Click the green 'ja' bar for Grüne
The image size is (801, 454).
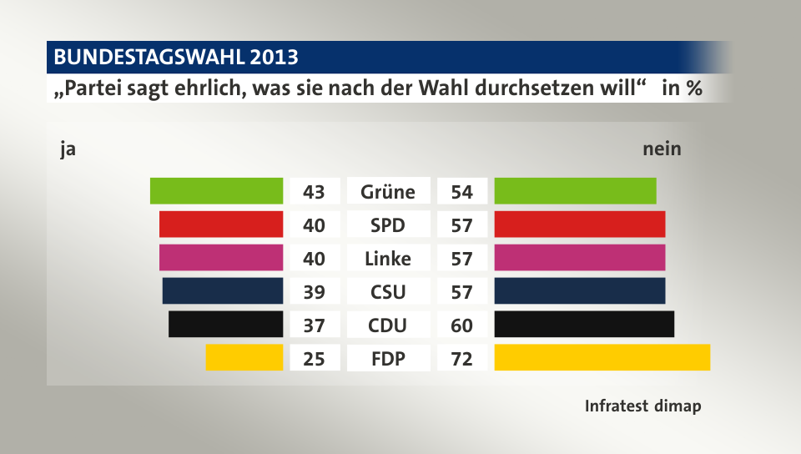[x=216, y=191]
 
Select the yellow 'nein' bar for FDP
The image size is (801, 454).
[x=602, y=357]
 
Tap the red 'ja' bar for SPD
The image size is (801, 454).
[x=221, y=224]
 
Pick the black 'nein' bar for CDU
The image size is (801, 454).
[x=584, y=324]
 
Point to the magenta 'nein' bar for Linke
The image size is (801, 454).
[x=580, y=258]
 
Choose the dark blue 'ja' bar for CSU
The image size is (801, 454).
[x=223, y=290]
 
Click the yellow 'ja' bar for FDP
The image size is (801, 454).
[x=244, y=357]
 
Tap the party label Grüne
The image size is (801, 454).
[x=388, y=192]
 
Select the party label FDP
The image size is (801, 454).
[x=388, y=359]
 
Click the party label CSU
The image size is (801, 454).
[x=388, y=292]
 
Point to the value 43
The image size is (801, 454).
[x=315, y=192]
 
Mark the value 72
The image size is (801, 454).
[x=461, y=359]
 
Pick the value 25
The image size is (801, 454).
[x=315, y=359]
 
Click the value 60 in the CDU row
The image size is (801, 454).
[x=461, y=325]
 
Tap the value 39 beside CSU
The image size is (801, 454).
[x=315, y=292]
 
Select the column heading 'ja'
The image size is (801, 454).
[x=68, y=150]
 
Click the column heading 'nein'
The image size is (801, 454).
[x=662, y=149]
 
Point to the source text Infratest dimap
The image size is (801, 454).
[x=642, y=406]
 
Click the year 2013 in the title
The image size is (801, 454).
[x=270, y=58]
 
